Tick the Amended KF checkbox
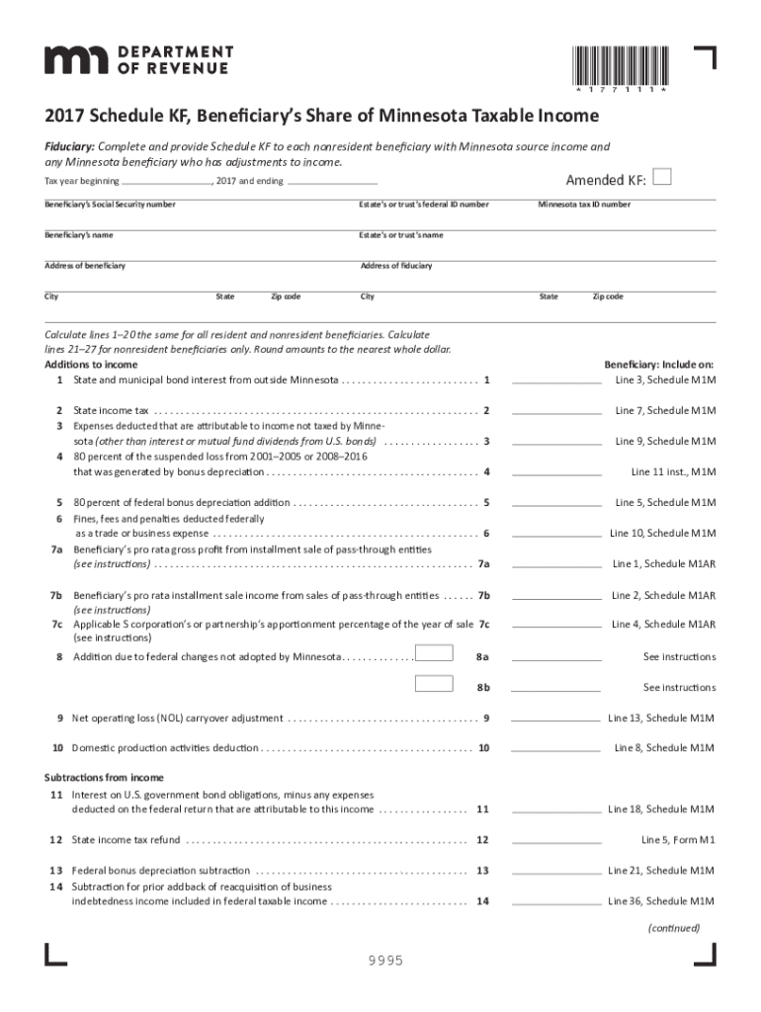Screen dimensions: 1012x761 tap(663, 177)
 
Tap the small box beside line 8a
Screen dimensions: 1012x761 tap(434, 653)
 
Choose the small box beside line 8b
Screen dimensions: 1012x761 tap(434, 683)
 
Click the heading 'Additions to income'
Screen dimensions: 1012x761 tap(91, 365)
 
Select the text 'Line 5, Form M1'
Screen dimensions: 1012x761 tap(678, 840)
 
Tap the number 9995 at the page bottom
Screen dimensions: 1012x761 tap(384, 962)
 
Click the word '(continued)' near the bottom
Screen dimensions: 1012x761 tap(674, 928)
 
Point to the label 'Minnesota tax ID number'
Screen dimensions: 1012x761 tap(584, 205)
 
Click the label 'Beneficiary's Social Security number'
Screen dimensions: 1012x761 tap(110, 205)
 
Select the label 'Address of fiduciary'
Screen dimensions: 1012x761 tap(396, 266)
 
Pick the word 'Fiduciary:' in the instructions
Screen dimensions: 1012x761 tap(68, 146)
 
